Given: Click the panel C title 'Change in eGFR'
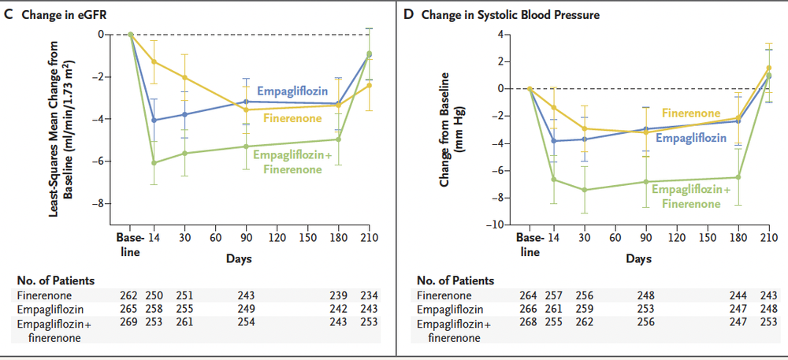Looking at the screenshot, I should [x=65, y=13].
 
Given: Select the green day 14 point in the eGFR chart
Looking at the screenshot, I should [x=154, y=162].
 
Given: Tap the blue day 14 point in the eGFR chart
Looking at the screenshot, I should [x=154, y=120].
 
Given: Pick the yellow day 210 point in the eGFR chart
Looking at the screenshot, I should [x=369, y=85].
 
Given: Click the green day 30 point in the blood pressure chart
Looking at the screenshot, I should [x=584, y=190].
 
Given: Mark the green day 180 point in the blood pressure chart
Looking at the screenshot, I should [x=738, y=177].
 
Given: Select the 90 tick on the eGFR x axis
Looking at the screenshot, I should [x=245, y=237].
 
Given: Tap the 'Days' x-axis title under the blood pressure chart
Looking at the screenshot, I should [x=635, y=258].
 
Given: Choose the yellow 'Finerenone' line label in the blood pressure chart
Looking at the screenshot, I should [x=691, y=113].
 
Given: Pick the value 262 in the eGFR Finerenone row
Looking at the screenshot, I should [x=129, y=295].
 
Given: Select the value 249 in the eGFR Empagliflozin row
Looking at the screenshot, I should [x=247, y=308].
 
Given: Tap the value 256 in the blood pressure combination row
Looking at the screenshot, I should [x=646, y=321].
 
